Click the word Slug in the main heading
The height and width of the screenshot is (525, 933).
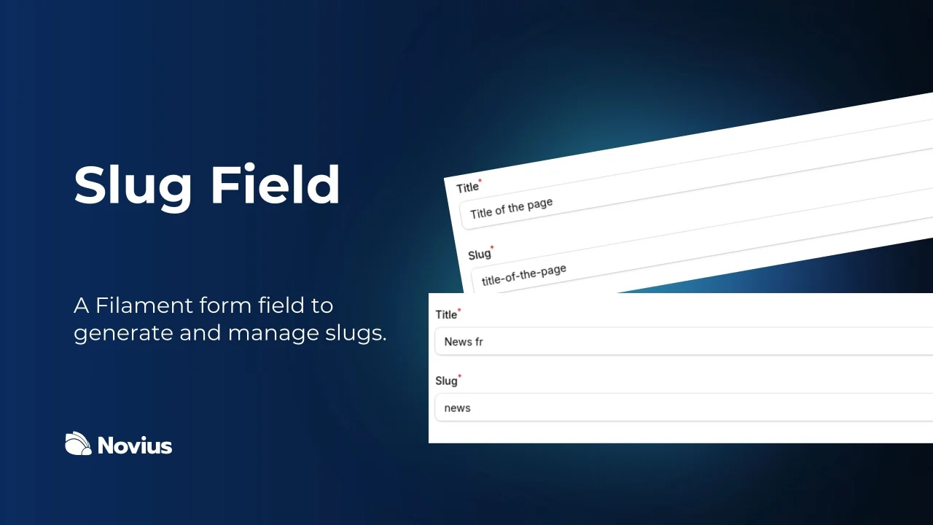133,186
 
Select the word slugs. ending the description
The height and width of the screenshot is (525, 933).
354,333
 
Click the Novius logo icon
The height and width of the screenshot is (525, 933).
78,443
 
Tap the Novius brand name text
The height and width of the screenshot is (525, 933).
135,445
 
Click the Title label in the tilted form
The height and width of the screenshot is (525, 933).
467,187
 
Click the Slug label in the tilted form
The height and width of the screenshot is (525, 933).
479,254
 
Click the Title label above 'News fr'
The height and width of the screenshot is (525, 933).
446,315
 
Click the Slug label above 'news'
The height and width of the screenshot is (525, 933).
446,381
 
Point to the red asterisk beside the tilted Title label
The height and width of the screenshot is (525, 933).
480,180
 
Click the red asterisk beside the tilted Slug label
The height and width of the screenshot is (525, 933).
492,247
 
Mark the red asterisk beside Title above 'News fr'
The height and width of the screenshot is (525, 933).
459,311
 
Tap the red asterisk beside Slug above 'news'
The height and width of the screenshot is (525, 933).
459,377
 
